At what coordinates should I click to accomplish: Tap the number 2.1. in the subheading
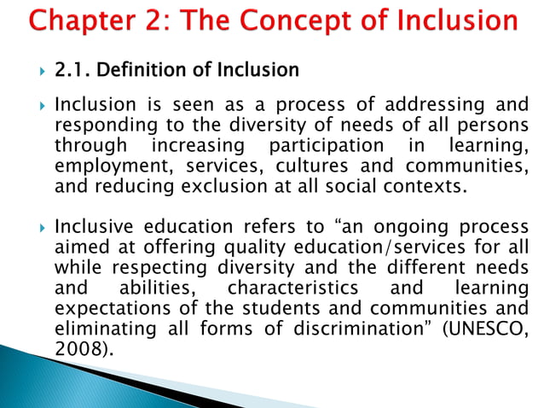[74, 69]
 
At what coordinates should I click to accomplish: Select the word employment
[105, 165]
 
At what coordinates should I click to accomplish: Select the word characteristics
[286, 289]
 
